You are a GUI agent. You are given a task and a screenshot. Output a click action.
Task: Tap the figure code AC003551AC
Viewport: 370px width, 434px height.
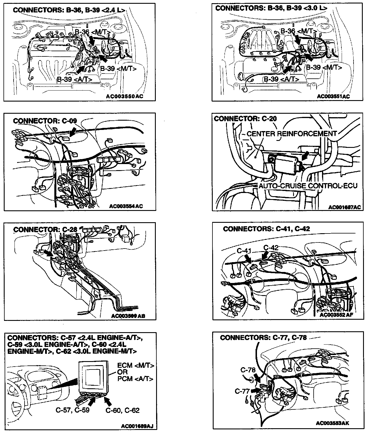[x=333, y=97]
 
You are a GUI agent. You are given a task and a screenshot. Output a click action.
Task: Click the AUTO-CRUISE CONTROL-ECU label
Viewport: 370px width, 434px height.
[x=308, y=185]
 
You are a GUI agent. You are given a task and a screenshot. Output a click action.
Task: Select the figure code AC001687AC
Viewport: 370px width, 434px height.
[x=345, y=207]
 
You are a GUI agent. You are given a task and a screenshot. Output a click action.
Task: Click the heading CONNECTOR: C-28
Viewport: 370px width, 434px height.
[x=45, y=230]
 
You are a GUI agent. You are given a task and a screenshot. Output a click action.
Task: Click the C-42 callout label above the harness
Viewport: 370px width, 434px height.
[x=271, y=248]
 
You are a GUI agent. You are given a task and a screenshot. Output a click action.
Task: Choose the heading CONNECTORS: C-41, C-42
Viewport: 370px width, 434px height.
[x=266, y=229]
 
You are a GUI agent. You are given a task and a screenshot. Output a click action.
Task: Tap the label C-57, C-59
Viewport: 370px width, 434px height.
[x=73, y=410]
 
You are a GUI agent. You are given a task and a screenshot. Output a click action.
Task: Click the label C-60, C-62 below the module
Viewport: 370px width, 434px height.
[x=123, y=410]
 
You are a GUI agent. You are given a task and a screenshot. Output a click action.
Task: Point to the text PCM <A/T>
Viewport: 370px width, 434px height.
[x=135, y=379]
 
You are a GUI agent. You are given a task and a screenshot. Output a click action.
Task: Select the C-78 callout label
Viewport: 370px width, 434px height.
[x=248, y=370]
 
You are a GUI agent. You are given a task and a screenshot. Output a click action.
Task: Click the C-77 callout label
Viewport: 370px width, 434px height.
[x=242, y=391]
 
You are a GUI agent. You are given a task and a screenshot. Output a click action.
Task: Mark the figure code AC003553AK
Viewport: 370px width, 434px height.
[x=332, y=423]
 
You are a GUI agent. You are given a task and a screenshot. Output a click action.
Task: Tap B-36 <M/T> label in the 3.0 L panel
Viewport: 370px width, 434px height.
[x=299, y=31]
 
